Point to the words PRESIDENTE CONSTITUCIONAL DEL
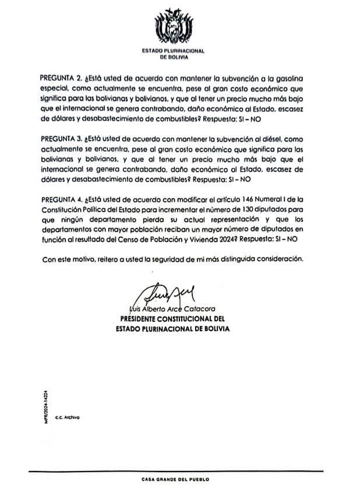point(172,319)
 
